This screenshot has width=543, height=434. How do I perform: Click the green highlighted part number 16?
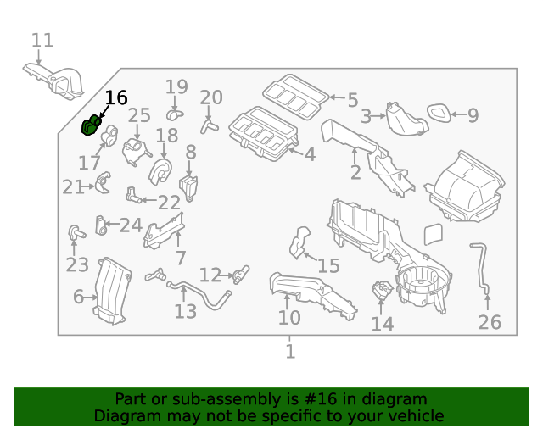[90, 127]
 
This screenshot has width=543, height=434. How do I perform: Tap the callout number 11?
[42, 40]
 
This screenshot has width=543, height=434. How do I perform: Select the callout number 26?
[490, 321]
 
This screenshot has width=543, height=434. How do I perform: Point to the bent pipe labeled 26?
[482, 266]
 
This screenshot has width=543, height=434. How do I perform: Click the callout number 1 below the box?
[290, 351]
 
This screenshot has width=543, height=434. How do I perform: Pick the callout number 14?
[382, 323]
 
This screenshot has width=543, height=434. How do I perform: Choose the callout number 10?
[289, 317]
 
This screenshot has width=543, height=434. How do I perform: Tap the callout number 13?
[185, 311]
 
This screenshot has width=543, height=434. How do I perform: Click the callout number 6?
[78, 297]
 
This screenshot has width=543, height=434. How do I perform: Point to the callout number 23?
[76, 265]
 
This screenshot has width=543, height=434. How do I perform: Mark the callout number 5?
[352, 99]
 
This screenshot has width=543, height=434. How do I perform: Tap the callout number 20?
[210, 97]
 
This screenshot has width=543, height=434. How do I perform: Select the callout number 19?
[176, 86]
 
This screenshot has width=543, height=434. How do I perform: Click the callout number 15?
[327, 265]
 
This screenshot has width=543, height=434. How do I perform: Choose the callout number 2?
[355, 172]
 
